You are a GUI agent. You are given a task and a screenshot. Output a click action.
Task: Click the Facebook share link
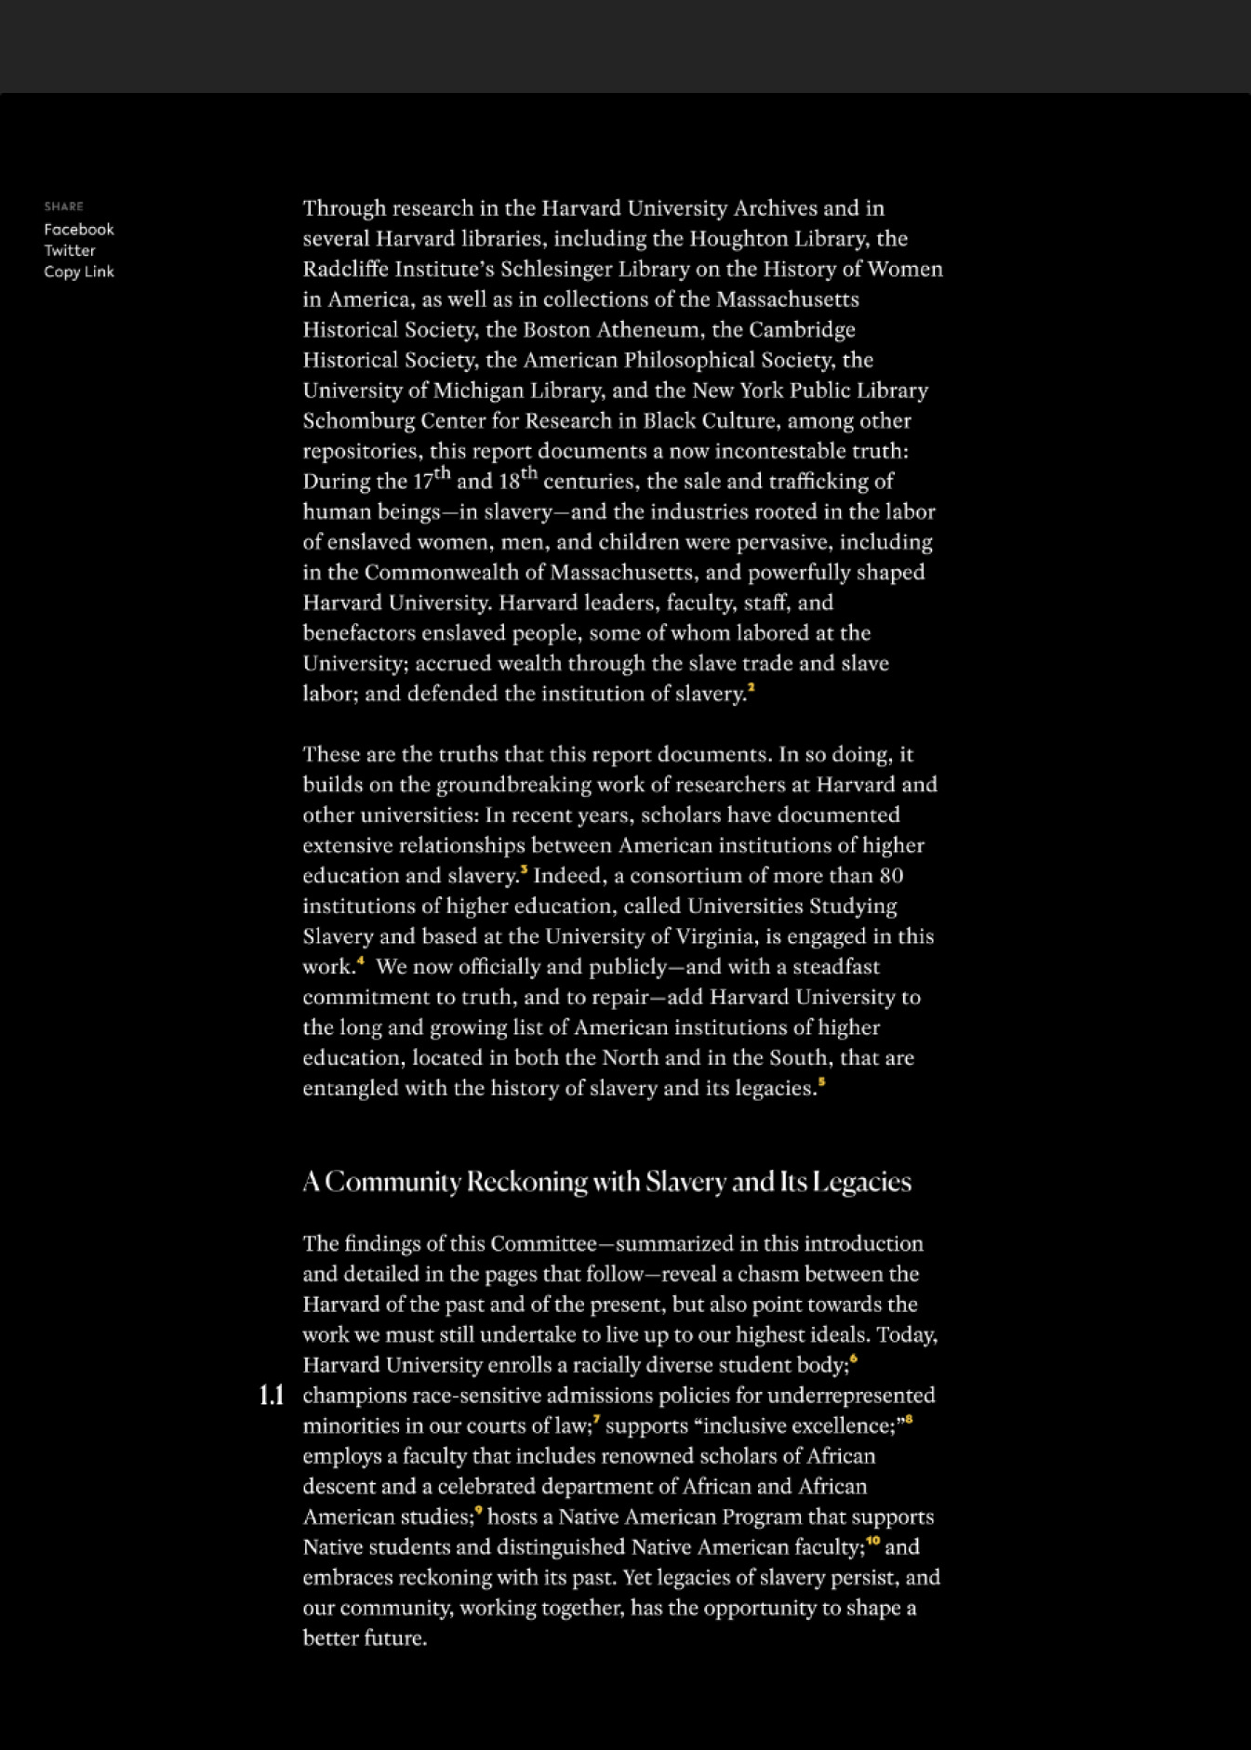(79, 230)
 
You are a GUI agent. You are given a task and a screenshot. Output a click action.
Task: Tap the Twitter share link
(70, 251)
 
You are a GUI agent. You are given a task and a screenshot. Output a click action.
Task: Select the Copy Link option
(79, 272)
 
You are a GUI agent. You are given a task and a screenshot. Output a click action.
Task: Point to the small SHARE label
(64, 206)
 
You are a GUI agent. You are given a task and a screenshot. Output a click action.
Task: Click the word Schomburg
(358, 421)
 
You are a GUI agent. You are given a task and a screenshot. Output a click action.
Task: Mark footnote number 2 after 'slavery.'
(752, 688)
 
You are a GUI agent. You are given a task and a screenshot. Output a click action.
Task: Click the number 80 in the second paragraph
(891, 876)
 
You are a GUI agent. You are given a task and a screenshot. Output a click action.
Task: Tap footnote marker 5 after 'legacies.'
(822, 1082)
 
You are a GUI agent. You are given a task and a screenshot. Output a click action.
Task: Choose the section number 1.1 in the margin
(272, 1396)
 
